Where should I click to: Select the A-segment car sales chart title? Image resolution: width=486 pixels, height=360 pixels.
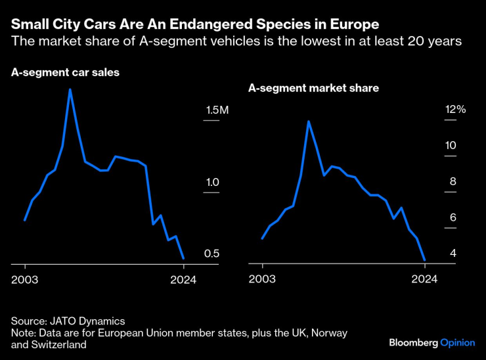65,73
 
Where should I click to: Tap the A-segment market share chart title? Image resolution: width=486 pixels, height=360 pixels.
313,87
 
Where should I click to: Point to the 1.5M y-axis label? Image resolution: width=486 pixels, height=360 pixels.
216,110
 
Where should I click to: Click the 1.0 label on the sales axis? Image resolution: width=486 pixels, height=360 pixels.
211,182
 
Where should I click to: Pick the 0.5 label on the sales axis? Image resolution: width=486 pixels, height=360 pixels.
211,254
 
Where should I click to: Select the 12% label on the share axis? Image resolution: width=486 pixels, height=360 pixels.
455,110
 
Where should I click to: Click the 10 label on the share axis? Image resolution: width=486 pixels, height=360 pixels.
451,145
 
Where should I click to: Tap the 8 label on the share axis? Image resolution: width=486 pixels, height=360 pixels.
453,182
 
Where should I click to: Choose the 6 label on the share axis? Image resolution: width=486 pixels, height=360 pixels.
453,217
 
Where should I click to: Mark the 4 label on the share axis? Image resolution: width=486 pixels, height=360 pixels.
453,254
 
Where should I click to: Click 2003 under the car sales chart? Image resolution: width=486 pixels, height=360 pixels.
25,279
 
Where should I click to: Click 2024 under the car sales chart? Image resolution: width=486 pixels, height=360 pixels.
184,279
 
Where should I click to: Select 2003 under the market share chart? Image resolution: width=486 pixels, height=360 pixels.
263,279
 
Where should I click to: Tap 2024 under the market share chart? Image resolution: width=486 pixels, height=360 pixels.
424,279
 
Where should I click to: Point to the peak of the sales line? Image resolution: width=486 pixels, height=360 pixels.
70,89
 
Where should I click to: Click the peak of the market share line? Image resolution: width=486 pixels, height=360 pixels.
308,121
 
